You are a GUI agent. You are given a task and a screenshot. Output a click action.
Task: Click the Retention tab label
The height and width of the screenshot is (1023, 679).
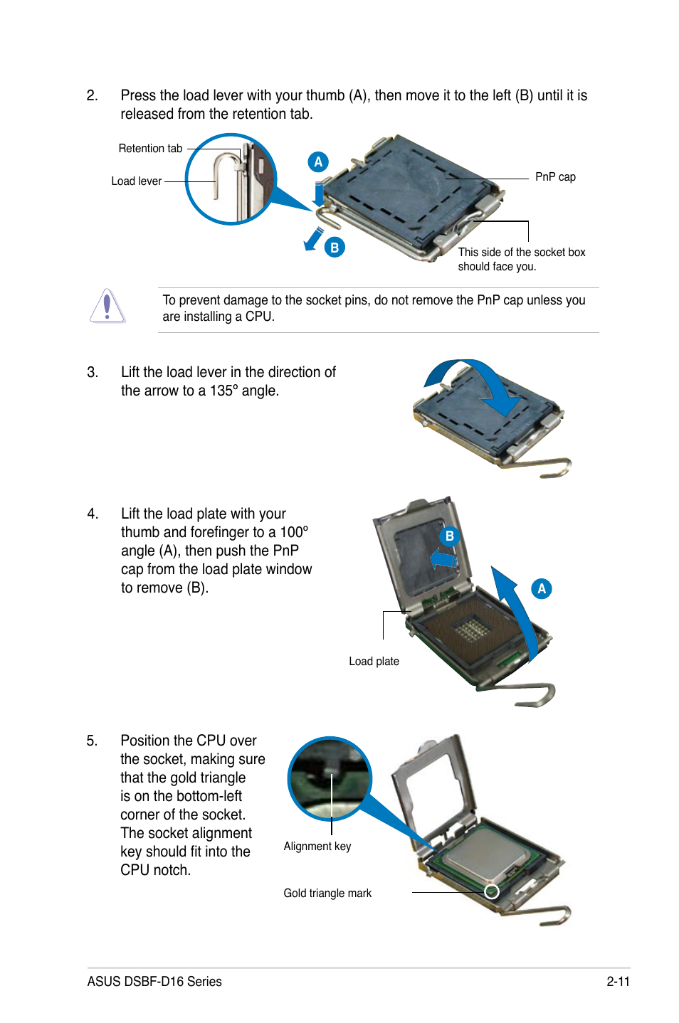point(150,149)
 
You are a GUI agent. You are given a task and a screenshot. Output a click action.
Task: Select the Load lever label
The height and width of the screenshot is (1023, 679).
point(136,181)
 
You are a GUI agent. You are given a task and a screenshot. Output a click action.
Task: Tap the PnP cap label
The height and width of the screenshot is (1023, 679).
point(555,177)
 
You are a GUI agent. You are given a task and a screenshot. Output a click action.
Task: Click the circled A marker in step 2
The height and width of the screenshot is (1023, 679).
point(318,162)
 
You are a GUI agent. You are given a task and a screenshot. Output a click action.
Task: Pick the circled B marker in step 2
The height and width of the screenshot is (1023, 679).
point(335,248)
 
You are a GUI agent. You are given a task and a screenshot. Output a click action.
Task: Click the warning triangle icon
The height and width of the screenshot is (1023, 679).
point(107,307)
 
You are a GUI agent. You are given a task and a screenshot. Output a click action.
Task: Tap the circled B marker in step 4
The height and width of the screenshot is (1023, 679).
point(449,536)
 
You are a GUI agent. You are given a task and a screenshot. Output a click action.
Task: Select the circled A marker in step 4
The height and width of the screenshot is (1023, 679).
point(542,589)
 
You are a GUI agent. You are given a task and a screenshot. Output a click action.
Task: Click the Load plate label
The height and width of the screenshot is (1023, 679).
point(374,662)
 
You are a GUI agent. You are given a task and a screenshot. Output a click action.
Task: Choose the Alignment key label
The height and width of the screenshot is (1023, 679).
point(317,847)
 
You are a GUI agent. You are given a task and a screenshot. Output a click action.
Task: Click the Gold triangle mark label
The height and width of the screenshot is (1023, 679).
point(327,894)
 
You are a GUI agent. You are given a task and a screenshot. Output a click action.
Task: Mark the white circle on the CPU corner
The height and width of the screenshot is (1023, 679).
point(492,891)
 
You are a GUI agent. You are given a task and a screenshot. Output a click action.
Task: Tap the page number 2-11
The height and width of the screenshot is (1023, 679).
point(618,982)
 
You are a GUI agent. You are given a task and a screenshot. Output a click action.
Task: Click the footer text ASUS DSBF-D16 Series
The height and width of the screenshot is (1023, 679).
point(154,982)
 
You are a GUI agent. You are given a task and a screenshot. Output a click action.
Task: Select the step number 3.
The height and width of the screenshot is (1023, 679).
point(92,373)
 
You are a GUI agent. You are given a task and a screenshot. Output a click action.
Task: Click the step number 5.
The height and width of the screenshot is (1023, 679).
point(92,741)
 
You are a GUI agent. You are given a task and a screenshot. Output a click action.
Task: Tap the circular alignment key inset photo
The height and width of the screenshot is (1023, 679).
point(330,779)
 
